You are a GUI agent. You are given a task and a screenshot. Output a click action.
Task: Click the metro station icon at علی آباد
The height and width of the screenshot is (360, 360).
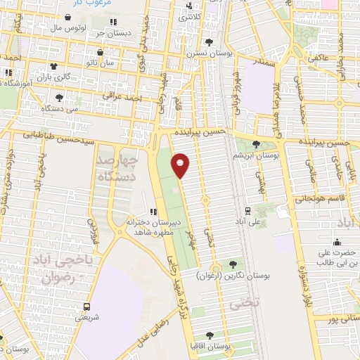click(x=247, y=210)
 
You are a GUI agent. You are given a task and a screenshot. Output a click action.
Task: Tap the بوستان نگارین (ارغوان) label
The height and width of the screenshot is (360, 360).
click(x=226, y=275)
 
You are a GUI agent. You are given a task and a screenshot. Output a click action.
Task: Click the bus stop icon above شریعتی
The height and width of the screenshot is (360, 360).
click(x=86, y=307)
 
